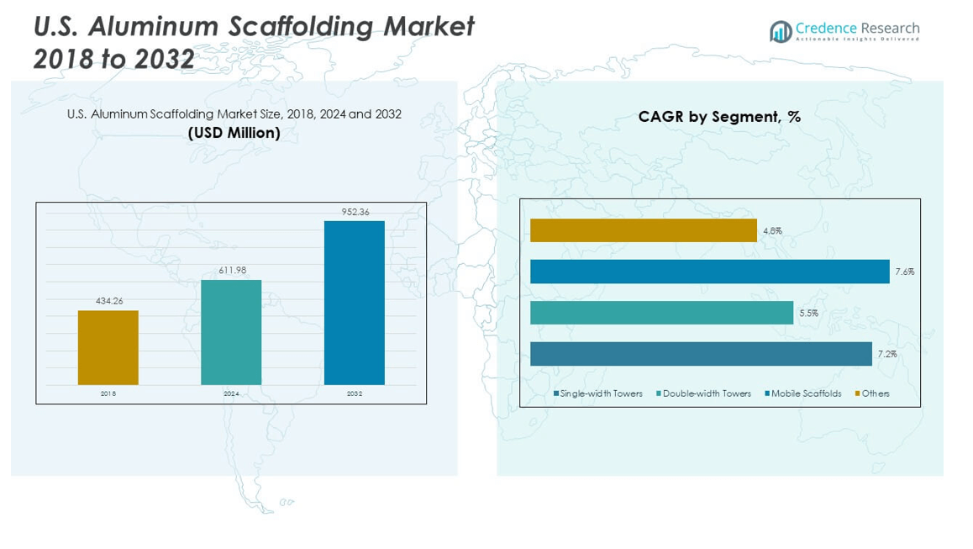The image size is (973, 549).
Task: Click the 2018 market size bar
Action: tap(108, 347)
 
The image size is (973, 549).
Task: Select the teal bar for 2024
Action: tap(231, 332)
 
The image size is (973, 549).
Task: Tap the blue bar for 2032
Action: tap(355, 303)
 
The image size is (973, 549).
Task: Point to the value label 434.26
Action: tap(108, 301)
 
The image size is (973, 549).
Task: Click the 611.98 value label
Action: tap(231, 270)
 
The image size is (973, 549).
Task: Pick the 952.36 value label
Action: tap(355, 212)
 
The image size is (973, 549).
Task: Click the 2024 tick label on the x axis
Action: tap(231, 393)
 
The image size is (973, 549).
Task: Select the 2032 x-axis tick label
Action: tap(355, 393)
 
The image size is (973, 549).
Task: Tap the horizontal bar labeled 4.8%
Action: tap(643, 230)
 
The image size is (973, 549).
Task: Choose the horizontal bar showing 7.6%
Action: tap(709, 272)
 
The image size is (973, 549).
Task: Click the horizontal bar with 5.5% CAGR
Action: tap(661, 313)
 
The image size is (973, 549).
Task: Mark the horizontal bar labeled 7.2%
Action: tap(701, 354)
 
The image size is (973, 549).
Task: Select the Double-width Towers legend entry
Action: tap(706, 393)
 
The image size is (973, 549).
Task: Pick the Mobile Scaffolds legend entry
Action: tap(805, 393)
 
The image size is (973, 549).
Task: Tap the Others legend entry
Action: tap(875, 393)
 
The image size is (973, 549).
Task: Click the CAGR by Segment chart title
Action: tap(719, 117)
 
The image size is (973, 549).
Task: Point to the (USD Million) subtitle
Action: tap(234, 133)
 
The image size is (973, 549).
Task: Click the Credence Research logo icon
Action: tap(781, 32)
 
